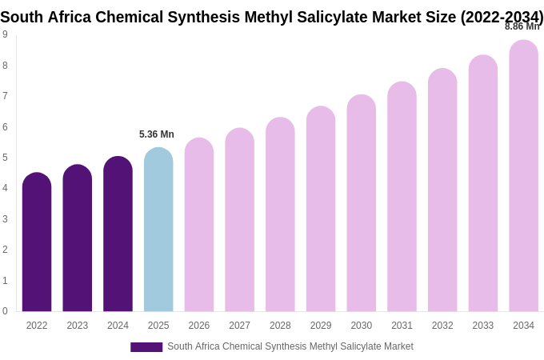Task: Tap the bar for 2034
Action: (523, 176)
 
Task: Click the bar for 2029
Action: (321, 209)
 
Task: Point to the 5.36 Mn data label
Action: (157, 134)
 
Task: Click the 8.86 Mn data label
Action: (522, 26)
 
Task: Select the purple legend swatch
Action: (146, 347)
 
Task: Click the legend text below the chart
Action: (290, 346)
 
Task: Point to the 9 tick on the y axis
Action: (5, 34)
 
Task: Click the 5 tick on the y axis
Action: (5, 158)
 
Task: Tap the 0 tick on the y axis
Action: (5, 311)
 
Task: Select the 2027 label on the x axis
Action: (239, 326)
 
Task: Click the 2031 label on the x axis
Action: (402, 326)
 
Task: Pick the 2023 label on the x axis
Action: (78, 326)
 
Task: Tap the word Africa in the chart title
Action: (70, 17)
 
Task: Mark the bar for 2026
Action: (199, 225)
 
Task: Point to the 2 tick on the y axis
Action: (5, 250)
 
